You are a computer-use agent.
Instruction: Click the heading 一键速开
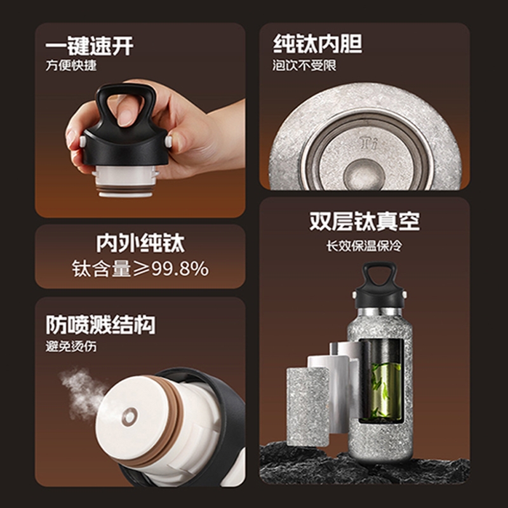click(89, 46)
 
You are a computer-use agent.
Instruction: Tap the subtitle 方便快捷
click(71, 65)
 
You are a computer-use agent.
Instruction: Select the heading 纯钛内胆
click(317, 44)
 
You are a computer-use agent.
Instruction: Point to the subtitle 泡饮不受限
click(304, 65)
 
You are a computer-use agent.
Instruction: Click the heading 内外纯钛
click(140, 243)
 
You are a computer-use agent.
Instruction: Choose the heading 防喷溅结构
click(100, 325)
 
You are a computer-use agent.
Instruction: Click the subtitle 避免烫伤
click(71, 346)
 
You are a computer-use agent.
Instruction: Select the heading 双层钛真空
click(364, 222)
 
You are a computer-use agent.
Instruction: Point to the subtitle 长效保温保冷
click(364, 246)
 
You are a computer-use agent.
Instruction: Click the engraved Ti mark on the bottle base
click(369, 144)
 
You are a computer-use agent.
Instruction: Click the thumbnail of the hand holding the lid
click(140, 120)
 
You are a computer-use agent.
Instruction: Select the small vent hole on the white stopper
click(130, 417)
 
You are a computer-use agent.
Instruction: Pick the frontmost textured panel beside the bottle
click(307, 406)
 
